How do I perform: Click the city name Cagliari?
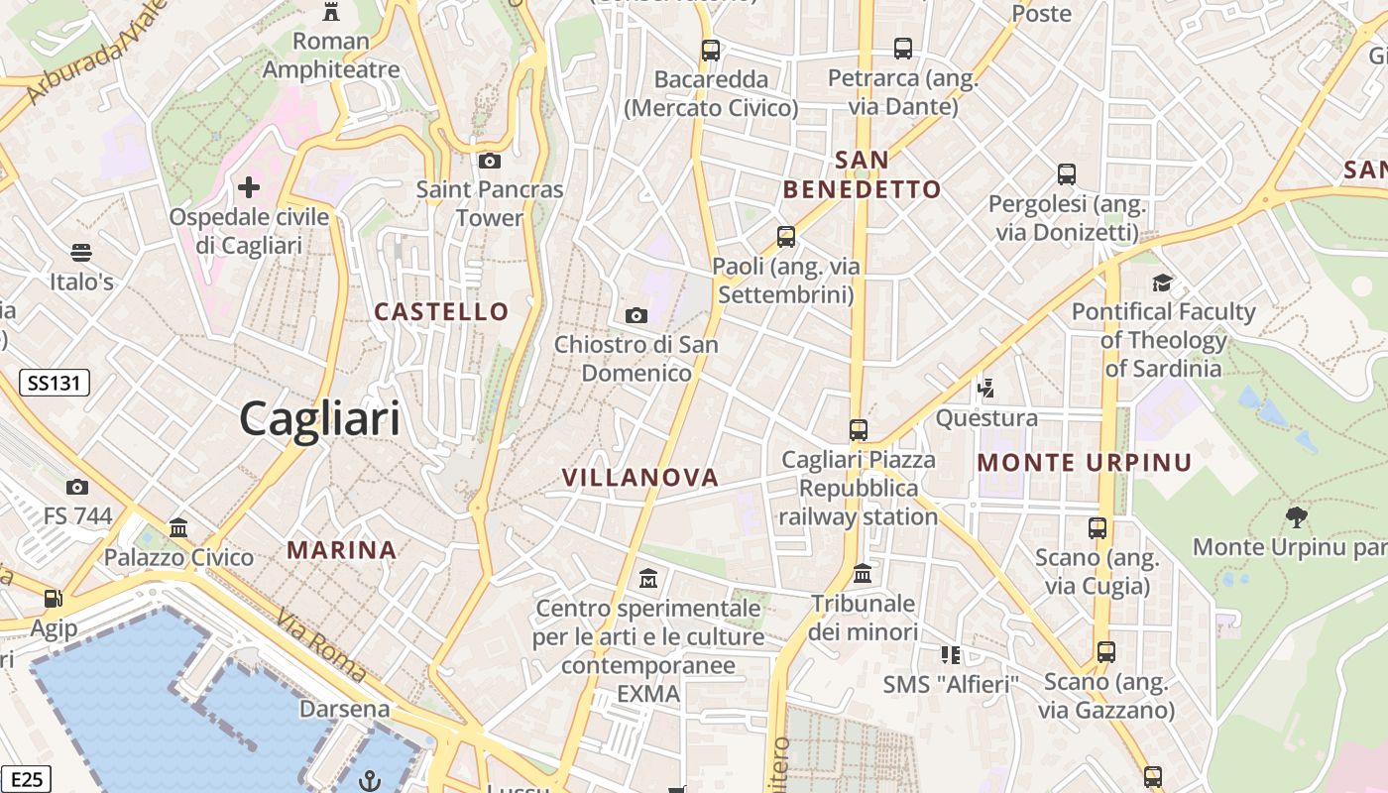(x=320, y=418)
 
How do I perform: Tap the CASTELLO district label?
(x=441, y=311)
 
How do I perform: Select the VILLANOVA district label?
(x=640, y=477)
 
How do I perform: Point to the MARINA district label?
(x=342, y=549)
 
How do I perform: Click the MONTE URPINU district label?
(x=1085, y=462)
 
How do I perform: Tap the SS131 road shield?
(x=55, y=383)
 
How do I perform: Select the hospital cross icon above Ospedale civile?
(x=249, y=186)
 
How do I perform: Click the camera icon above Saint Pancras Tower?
(x=489, y=161)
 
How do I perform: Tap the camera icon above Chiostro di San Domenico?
(x=636, y=315)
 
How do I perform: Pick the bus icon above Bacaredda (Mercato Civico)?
(x=711, y=50)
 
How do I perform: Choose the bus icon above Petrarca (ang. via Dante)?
(x=902, y=48)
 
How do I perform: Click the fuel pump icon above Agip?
(x=53, y=599)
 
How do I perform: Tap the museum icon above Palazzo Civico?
(x=178, y=527)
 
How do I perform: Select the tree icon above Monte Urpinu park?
(x=1295, y=516)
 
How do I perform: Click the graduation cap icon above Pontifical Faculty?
(x=1162, y=283)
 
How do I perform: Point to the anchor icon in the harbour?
(x=369, y=781)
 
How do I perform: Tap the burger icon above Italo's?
(x=81, y=253)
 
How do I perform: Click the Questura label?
(x=986, y=417)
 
